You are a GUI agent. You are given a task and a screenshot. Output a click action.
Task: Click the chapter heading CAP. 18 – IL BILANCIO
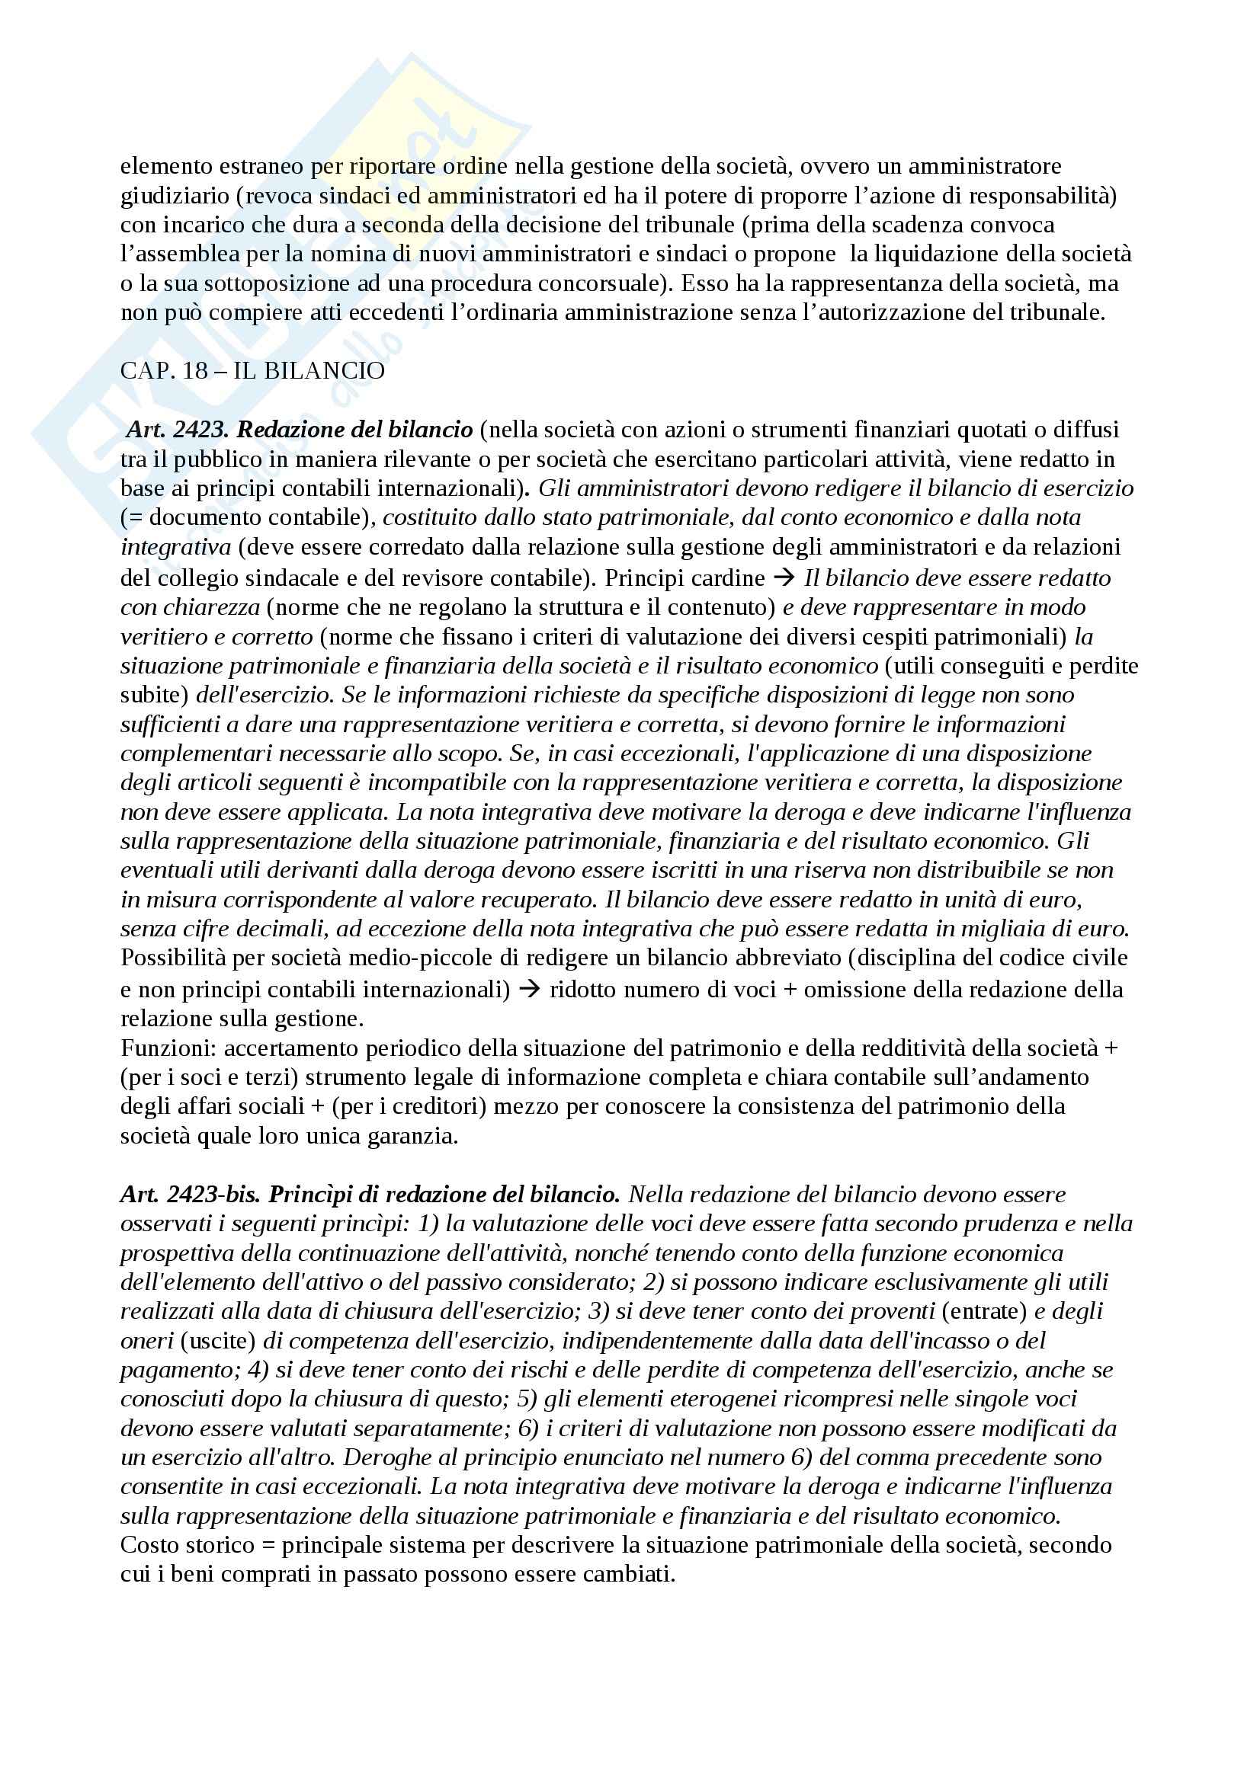tap(252, 371)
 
